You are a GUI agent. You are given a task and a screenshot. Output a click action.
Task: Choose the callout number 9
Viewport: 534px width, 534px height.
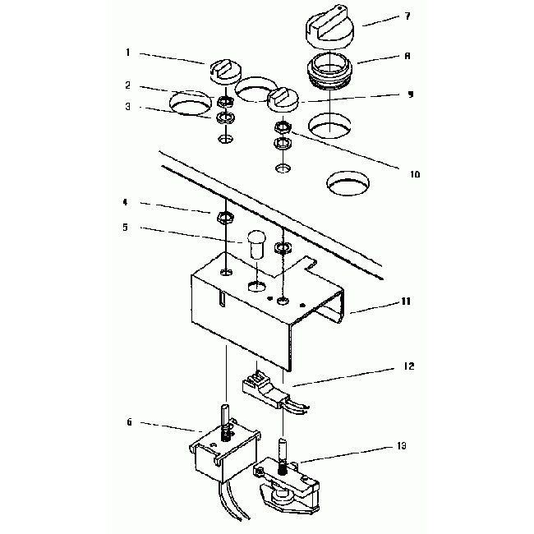pyautogui.click(x=409, y=94)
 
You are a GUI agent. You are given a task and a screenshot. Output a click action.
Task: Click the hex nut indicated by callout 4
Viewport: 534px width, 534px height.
pyautogui.click(x=223, y=218)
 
